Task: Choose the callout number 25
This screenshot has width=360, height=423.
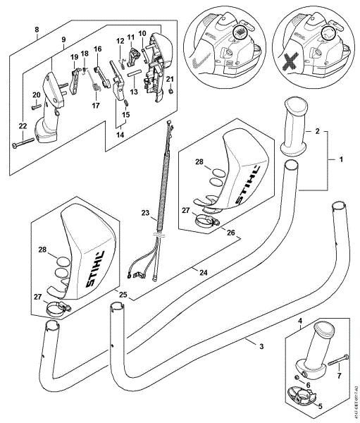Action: [123, 294]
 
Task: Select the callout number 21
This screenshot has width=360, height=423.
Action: [170, 78]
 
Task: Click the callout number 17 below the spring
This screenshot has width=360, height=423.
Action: [95, 106]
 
